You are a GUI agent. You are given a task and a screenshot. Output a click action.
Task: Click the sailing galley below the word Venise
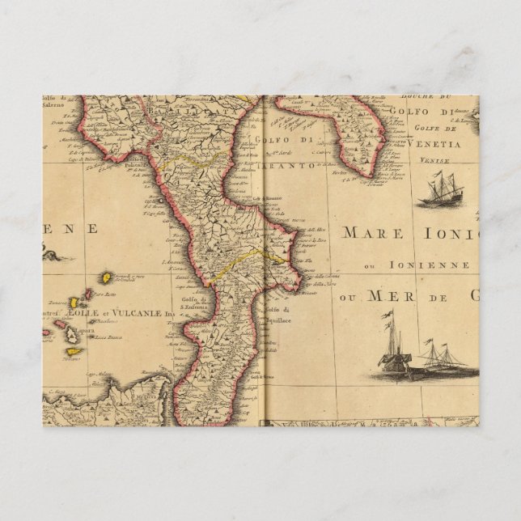pyautogui.click(x=440, y=191)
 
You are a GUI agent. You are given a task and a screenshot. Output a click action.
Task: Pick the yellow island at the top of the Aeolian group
pyautogui.click(x=105, y=277)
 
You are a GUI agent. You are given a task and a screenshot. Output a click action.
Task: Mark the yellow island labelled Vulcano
pyautogui.click(x=73, y=351)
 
